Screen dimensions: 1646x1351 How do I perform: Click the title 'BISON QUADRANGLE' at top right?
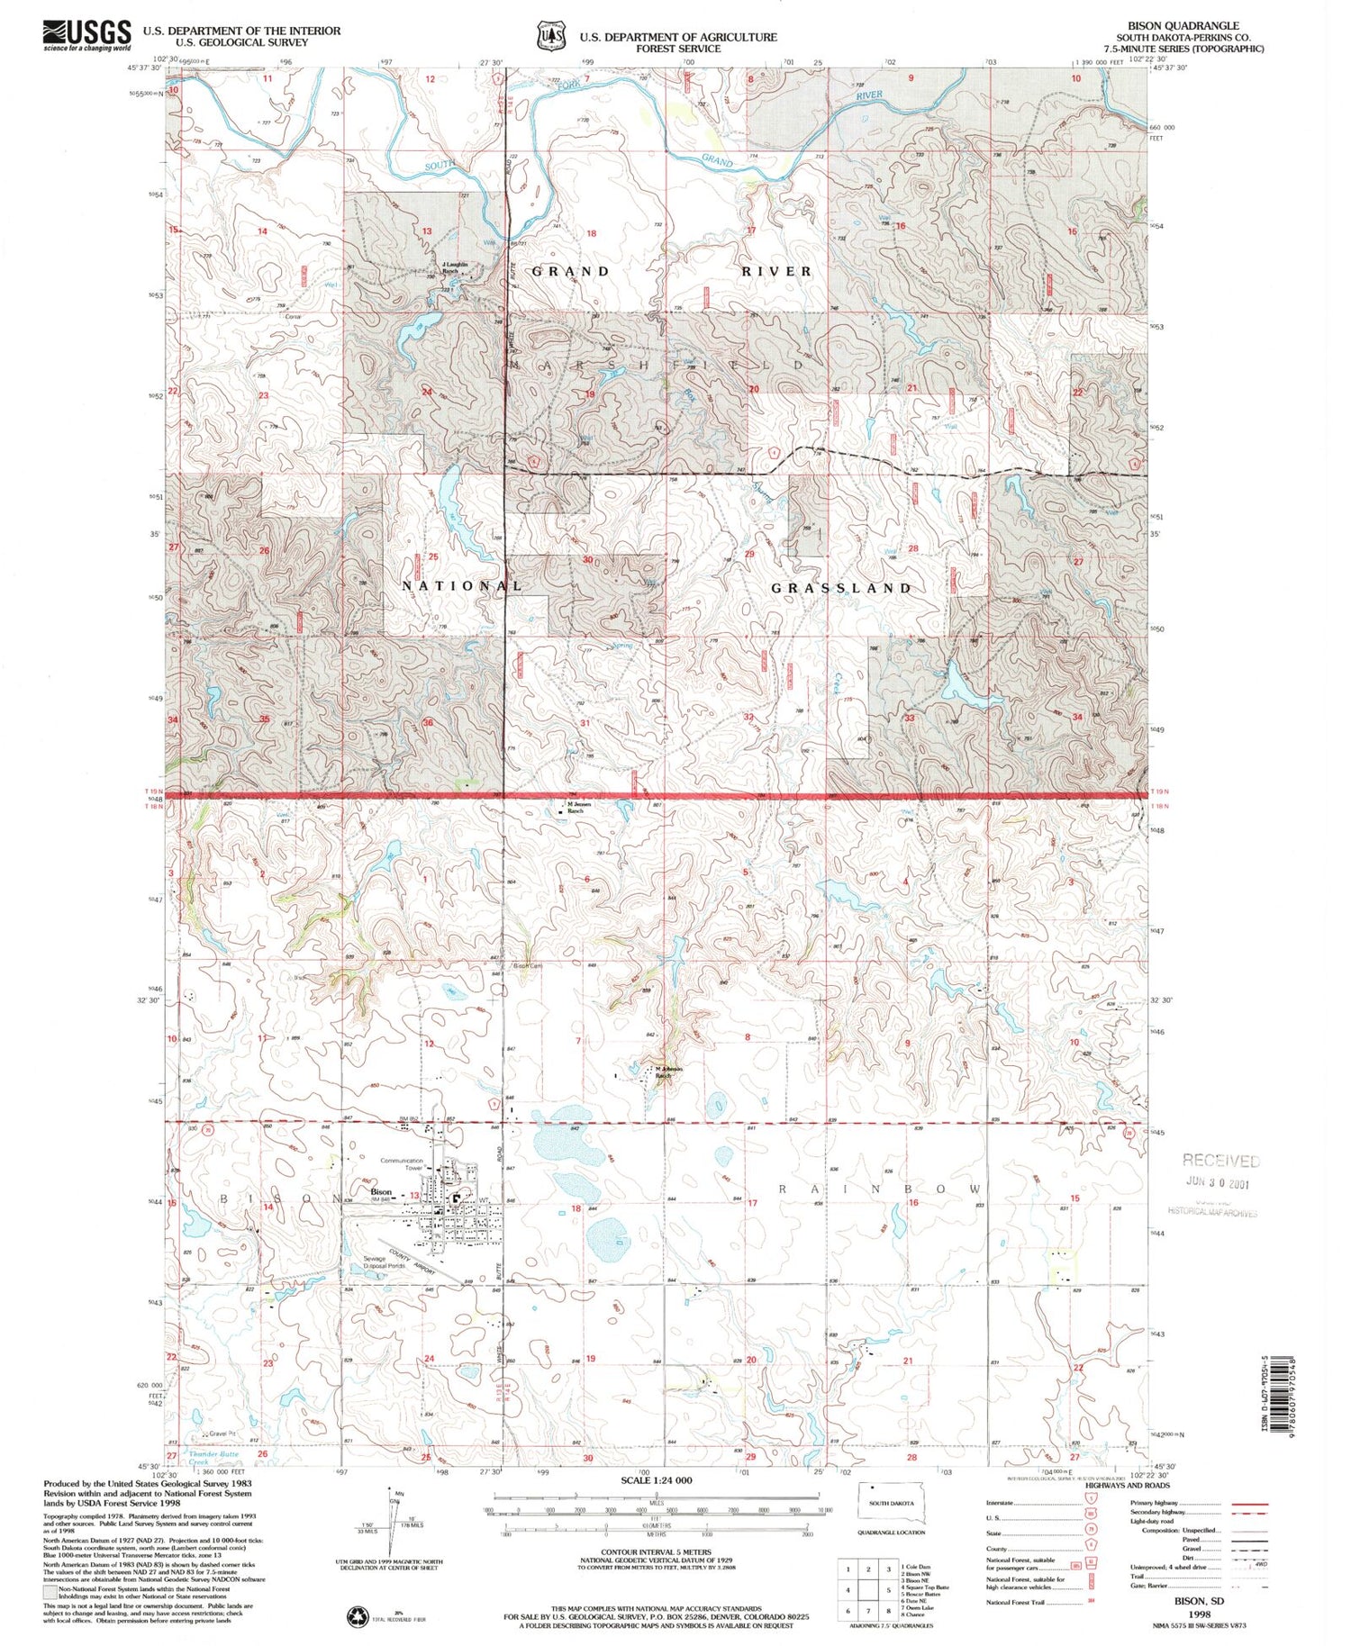(1190, 25)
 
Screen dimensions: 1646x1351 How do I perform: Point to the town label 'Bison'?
(380, 1191)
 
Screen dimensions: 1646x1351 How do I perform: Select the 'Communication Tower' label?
(402, 1164)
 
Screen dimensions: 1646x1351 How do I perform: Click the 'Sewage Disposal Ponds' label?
(384, 1262)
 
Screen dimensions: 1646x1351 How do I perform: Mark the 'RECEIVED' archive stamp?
(1220, 1161)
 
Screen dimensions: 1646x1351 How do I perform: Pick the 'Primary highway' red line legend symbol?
(1246, 1503)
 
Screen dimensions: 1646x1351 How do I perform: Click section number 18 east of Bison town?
(576, 1208)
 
